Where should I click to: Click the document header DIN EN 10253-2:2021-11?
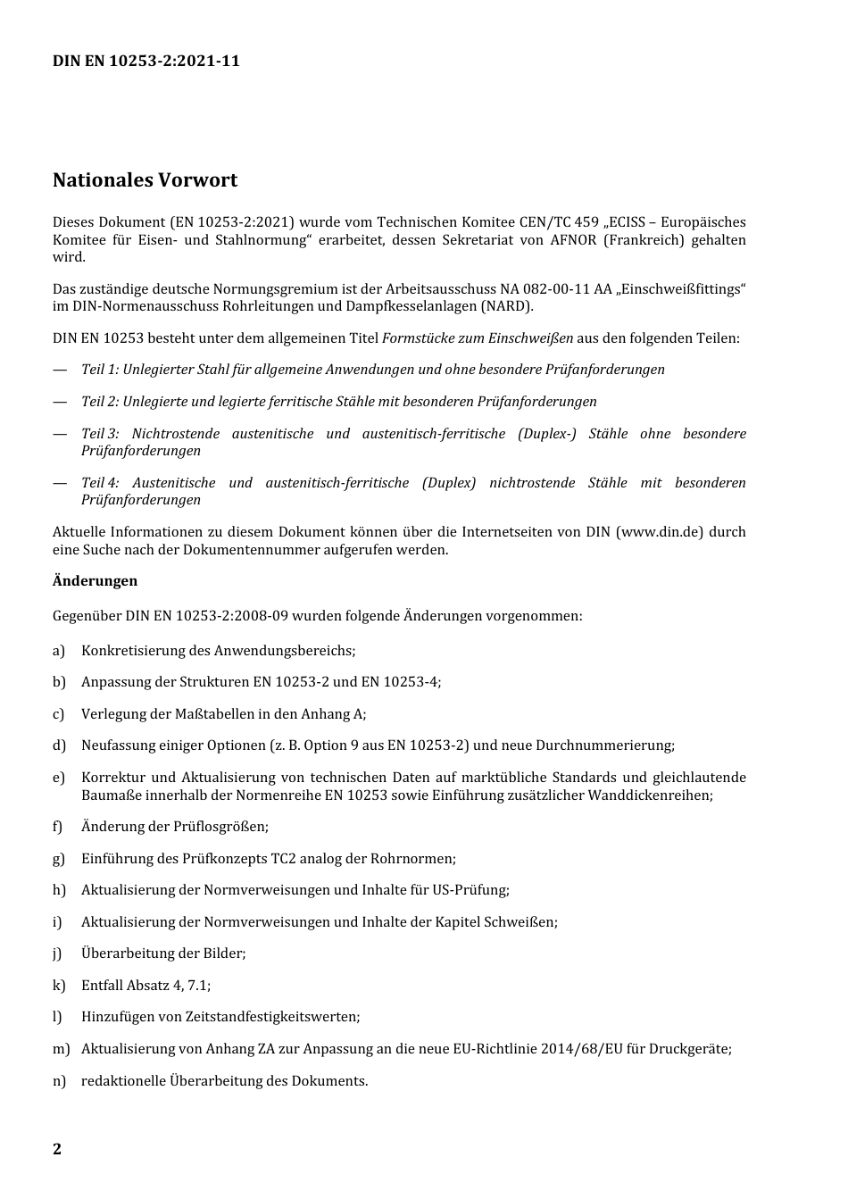(x=146, y=62)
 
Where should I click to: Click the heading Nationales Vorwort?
(x=145, y=180)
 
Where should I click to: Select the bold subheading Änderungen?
(x=95, y=581)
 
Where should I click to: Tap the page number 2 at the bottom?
(x=57, y=1149)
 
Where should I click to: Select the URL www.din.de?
(x=660, y=532)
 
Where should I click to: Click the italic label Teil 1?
(x=100, y=370)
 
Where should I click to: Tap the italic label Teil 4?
(x=100, y=483)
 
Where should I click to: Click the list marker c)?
(x=59, y=714)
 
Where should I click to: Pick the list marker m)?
(x=61, y=1049)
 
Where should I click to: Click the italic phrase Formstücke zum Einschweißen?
(x=478, y=338)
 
